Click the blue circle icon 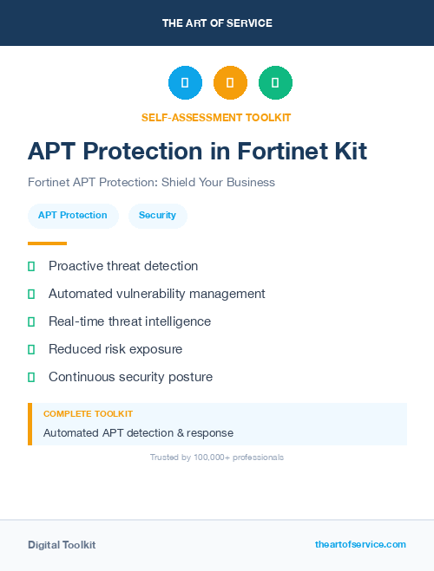(185, 82)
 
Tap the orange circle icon (230, 82)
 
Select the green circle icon (275, 82)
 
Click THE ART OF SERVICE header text (217, 23)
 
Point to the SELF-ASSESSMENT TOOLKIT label (216, 117)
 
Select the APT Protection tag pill (73, 216)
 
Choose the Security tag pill (157, 216)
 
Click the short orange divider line (47, 243)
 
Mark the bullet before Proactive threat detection (31, 266)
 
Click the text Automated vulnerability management (156, 294)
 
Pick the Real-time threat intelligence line (129, 321)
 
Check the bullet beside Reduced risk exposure (31, 349)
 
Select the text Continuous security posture (130, 377)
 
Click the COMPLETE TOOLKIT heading (88, 414)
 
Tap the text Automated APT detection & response (138, 432)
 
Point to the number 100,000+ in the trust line (218, 457)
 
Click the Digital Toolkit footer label (62, 545)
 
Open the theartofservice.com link (360, 544)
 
